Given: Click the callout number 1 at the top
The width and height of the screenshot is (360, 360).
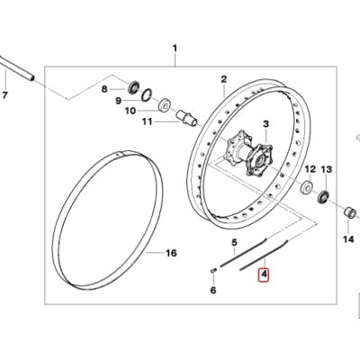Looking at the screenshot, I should (175, 47).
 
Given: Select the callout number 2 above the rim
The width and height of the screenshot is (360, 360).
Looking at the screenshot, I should (224, 79).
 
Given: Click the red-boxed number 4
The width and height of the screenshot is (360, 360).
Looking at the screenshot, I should (265, 277).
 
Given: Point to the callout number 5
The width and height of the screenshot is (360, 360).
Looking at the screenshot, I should (232, 244).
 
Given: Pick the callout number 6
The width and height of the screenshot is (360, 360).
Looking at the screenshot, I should (212, 290).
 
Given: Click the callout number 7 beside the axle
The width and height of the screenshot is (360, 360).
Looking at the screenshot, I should (6, 95).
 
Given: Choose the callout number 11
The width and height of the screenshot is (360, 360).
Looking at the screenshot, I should (130, 111).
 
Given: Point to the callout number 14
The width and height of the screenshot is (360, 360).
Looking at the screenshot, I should (328, 168).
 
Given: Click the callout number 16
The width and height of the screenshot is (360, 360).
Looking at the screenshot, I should (348, 239).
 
